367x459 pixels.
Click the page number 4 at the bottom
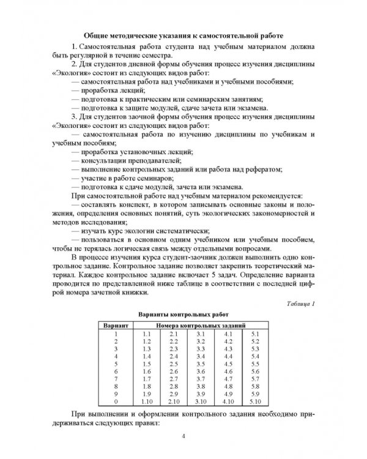184,436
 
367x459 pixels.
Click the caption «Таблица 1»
300,304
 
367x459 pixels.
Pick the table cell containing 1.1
146,334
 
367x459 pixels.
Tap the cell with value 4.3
228,348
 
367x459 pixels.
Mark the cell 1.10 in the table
146,402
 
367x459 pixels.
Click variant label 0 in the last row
114,402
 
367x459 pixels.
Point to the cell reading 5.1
255,334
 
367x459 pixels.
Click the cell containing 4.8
228,387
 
